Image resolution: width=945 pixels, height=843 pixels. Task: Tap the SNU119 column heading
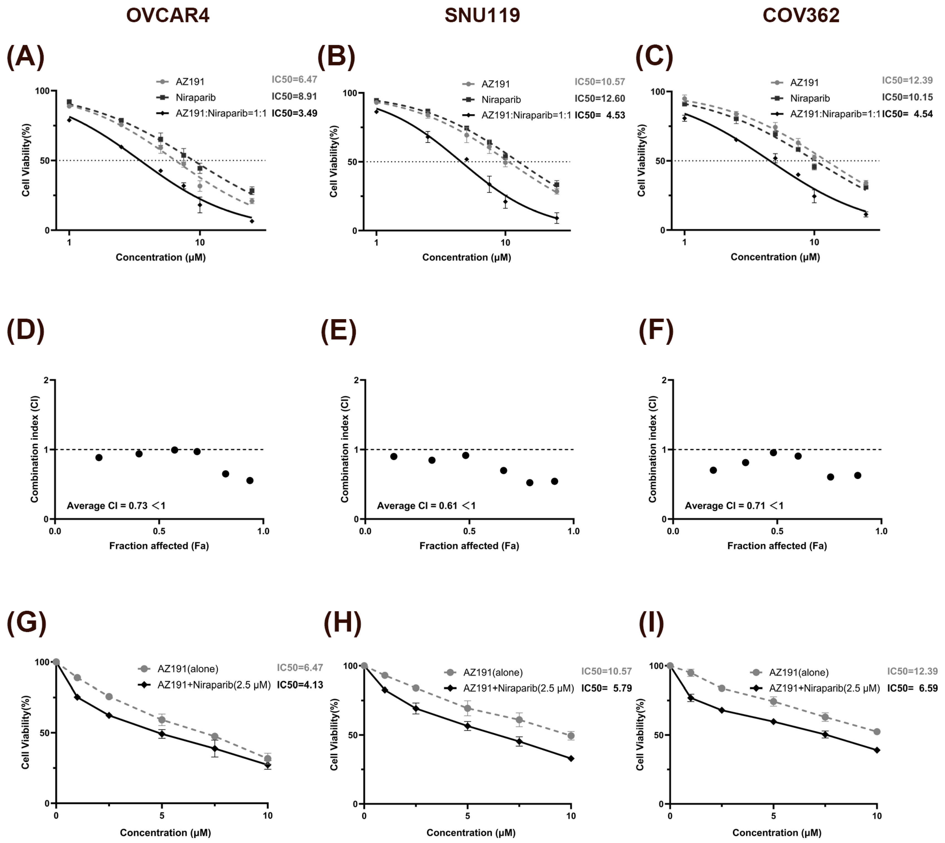click(x=482, y=15)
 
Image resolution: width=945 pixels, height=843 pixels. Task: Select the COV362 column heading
click(x=801, y=15)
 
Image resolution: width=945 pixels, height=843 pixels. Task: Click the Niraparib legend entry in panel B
click(x=501, y=100)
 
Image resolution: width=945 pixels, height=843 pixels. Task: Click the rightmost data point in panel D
click(x=250, y=480)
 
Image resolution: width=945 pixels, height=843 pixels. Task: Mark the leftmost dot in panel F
click(x=713, y=470)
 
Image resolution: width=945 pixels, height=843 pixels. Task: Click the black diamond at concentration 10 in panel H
click(x=571, y=759)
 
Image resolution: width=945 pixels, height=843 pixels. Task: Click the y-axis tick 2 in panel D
click(x=46, y=380)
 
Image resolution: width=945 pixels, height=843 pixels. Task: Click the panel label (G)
click(x=26, y=622)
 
